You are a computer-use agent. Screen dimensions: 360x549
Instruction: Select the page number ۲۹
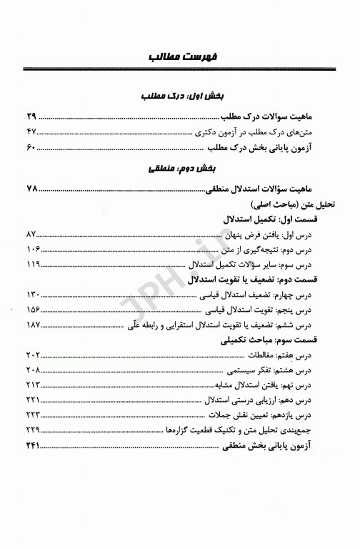click(31, 116)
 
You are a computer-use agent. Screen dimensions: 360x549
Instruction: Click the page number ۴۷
click(31, 132)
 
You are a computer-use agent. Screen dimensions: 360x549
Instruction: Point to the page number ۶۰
click(31, 149)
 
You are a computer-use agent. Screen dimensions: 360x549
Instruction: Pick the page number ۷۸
click(31, 189)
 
